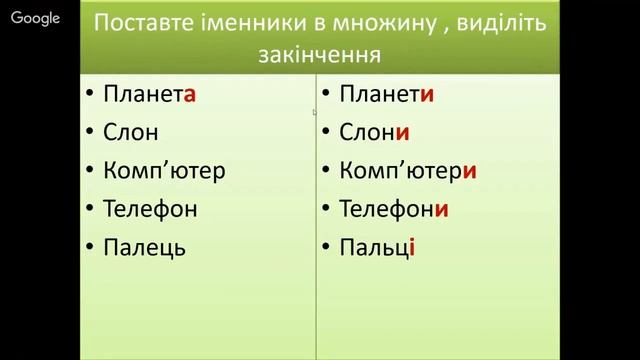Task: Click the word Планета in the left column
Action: pos(148,95)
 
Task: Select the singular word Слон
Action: pos(130,132)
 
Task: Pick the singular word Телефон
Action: pos(150,208)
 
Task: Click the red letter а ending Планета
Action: pos(188,96)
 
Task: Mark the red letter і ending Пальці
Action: pos(412,246)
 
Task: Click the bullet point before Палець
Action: pos(89,247)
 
